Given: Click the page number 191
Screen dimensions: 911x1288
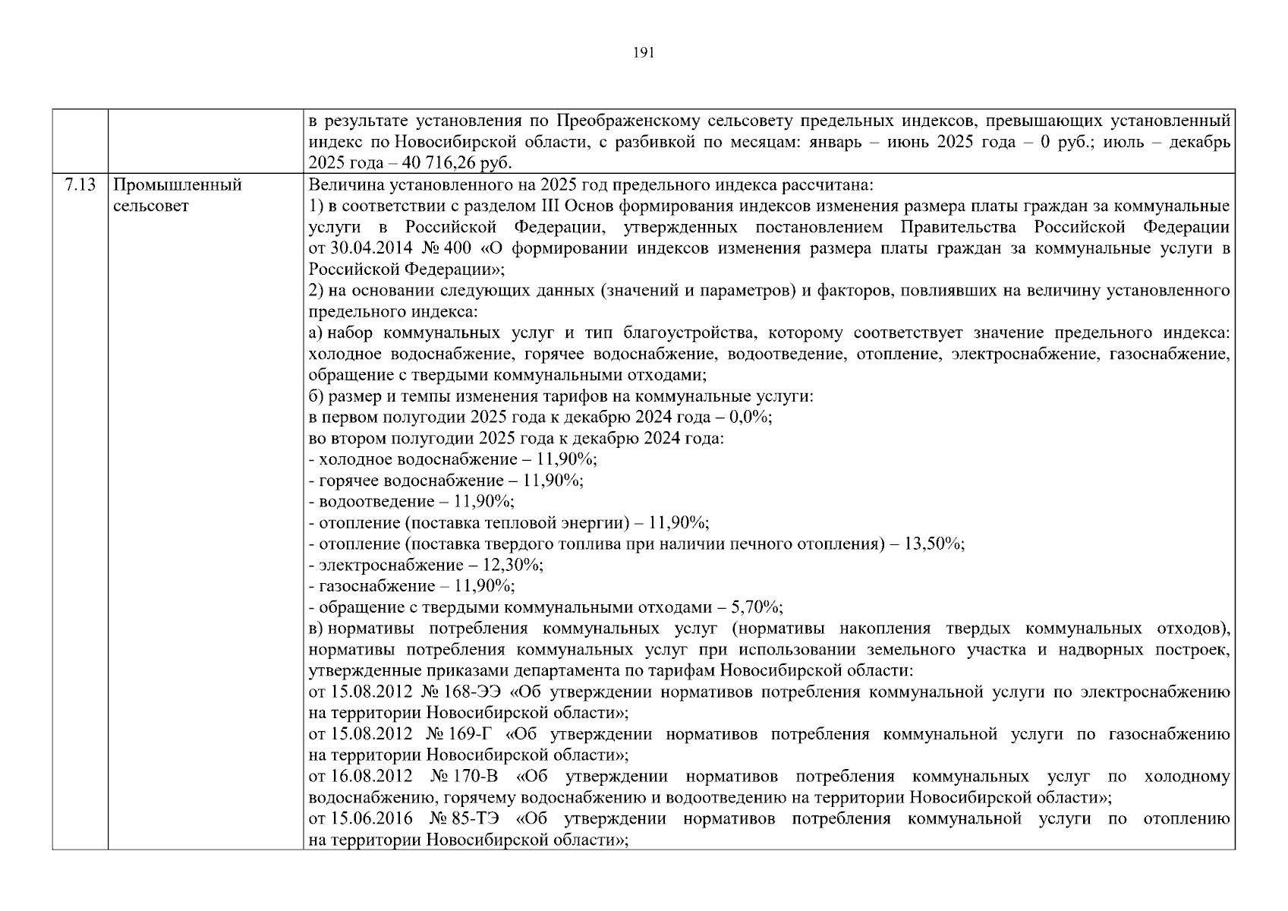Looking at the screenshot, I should click(643, 52).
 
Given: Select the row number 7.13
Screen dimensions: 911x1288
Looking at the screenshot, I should click(80, 185).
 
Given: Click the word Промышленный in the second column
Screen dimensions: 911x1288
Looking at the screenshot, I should click(177, 185).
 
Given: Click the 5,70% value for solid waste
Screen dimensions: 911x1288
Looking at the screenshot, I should click(756, 607).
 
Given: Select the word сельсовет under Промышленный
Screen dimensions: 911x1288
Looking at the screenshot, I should click(150, 206).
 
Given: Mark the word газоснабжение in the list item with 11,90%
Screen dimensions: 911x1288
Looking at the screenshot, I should click(367, 586).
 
